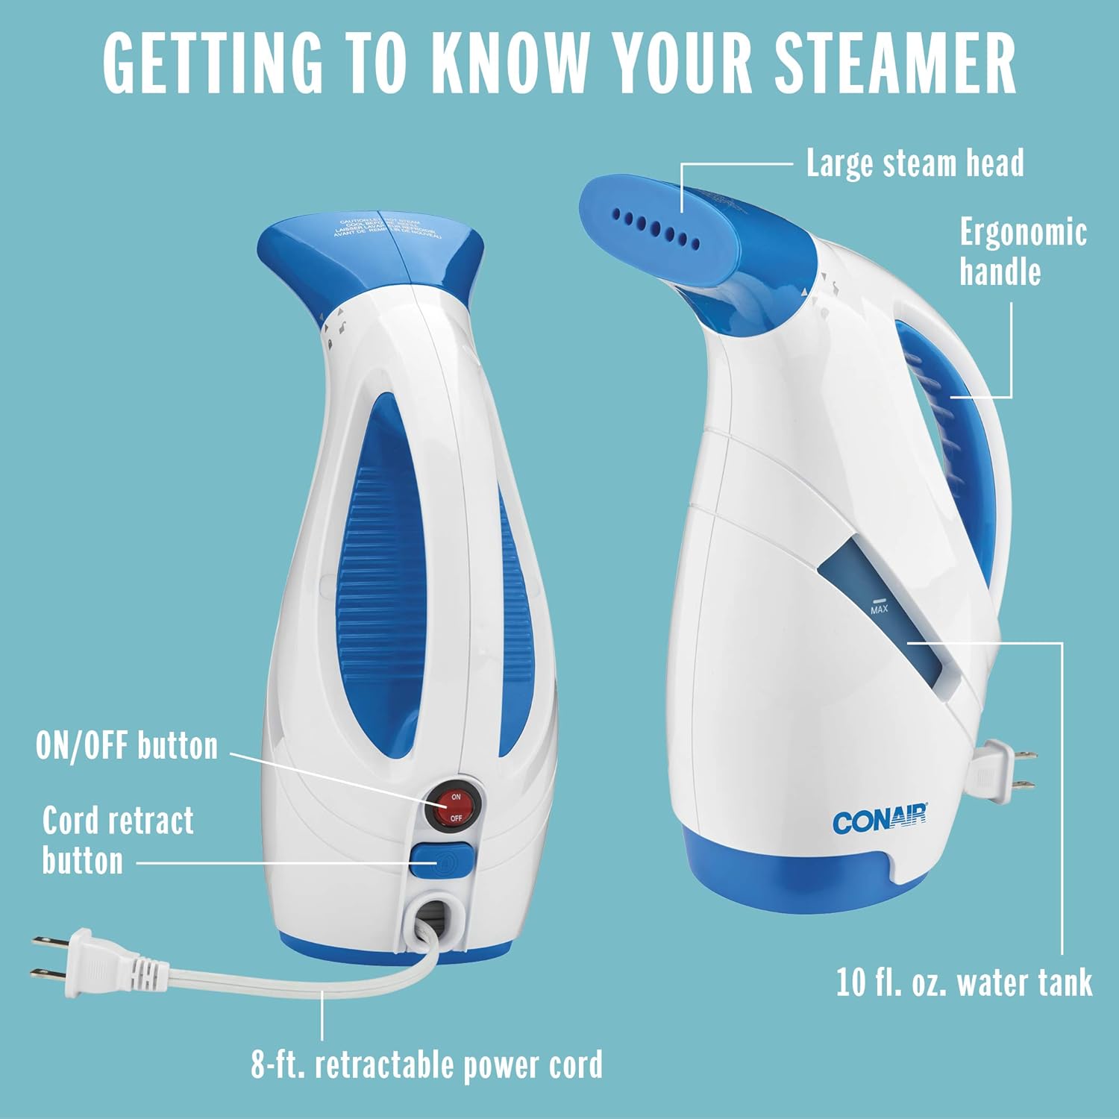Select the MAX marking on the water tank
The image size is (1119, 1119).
pos(879,609)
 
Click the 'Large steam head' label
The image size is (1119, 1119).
pos(915,163)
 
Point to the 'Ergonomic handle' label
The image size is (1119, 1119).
pos(1022,251)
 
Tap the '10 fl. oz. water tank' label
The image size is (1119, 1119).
pos(964,982)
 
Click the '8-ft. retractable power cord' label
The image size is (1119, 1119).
pos(427,1065)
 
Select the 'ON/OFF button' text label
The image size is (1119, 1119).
pos(127,745)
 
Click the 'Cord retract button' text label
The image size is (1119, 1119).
pos(118,841)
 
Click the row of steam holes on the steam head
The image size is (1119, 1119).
pos(656,228)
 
